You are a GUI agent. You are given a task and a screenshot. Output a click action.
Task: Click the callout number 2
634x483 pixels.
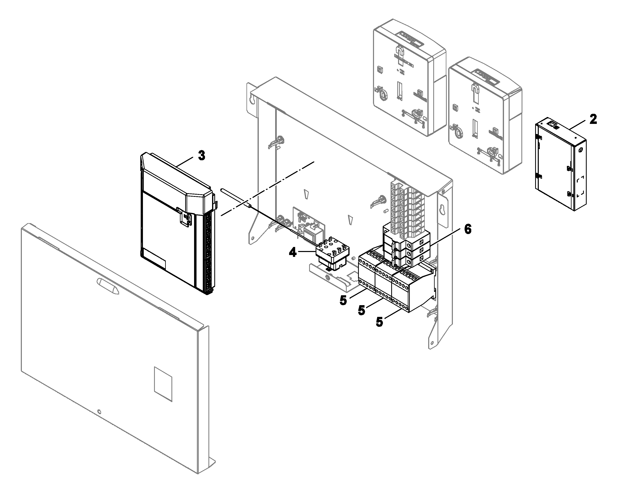pos(593,119)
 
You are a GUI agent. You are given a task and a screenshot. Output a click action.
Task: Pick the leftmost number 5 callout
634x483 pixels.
pos(343,301)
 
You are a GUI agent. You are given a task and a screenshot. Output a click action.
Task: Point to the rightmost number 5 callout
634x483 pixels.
pos(379,322)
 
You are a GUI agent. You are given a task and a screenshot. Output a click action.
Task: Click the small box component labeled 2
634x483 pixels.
pos(561,164)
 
